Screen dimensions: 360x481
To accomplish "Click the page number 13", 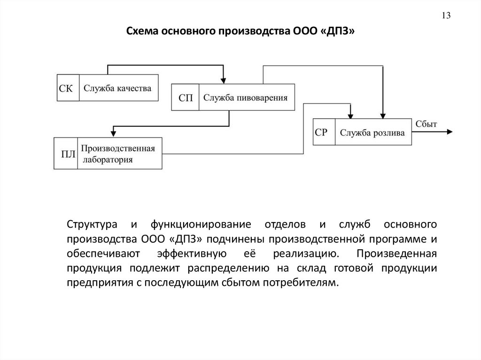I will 446,15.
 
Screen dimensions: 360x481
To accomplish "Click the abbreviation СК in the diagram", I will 66,88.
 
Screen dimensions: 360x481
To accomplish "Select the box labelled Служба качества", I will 117,88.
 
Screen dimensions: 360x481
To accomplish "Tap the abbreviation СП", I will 186,98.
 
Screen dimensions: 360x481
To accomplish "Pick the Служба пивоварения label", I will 245,98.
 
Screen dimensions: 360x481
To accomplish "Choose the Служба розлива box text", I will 372,133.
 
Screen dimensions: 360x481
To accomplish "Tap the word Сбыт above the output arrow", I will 426,124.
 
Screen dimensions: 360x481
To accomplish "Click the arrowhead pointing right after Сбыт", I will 450,132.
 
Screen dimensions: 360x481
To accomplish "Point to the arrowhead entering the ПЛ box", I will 112,134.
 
